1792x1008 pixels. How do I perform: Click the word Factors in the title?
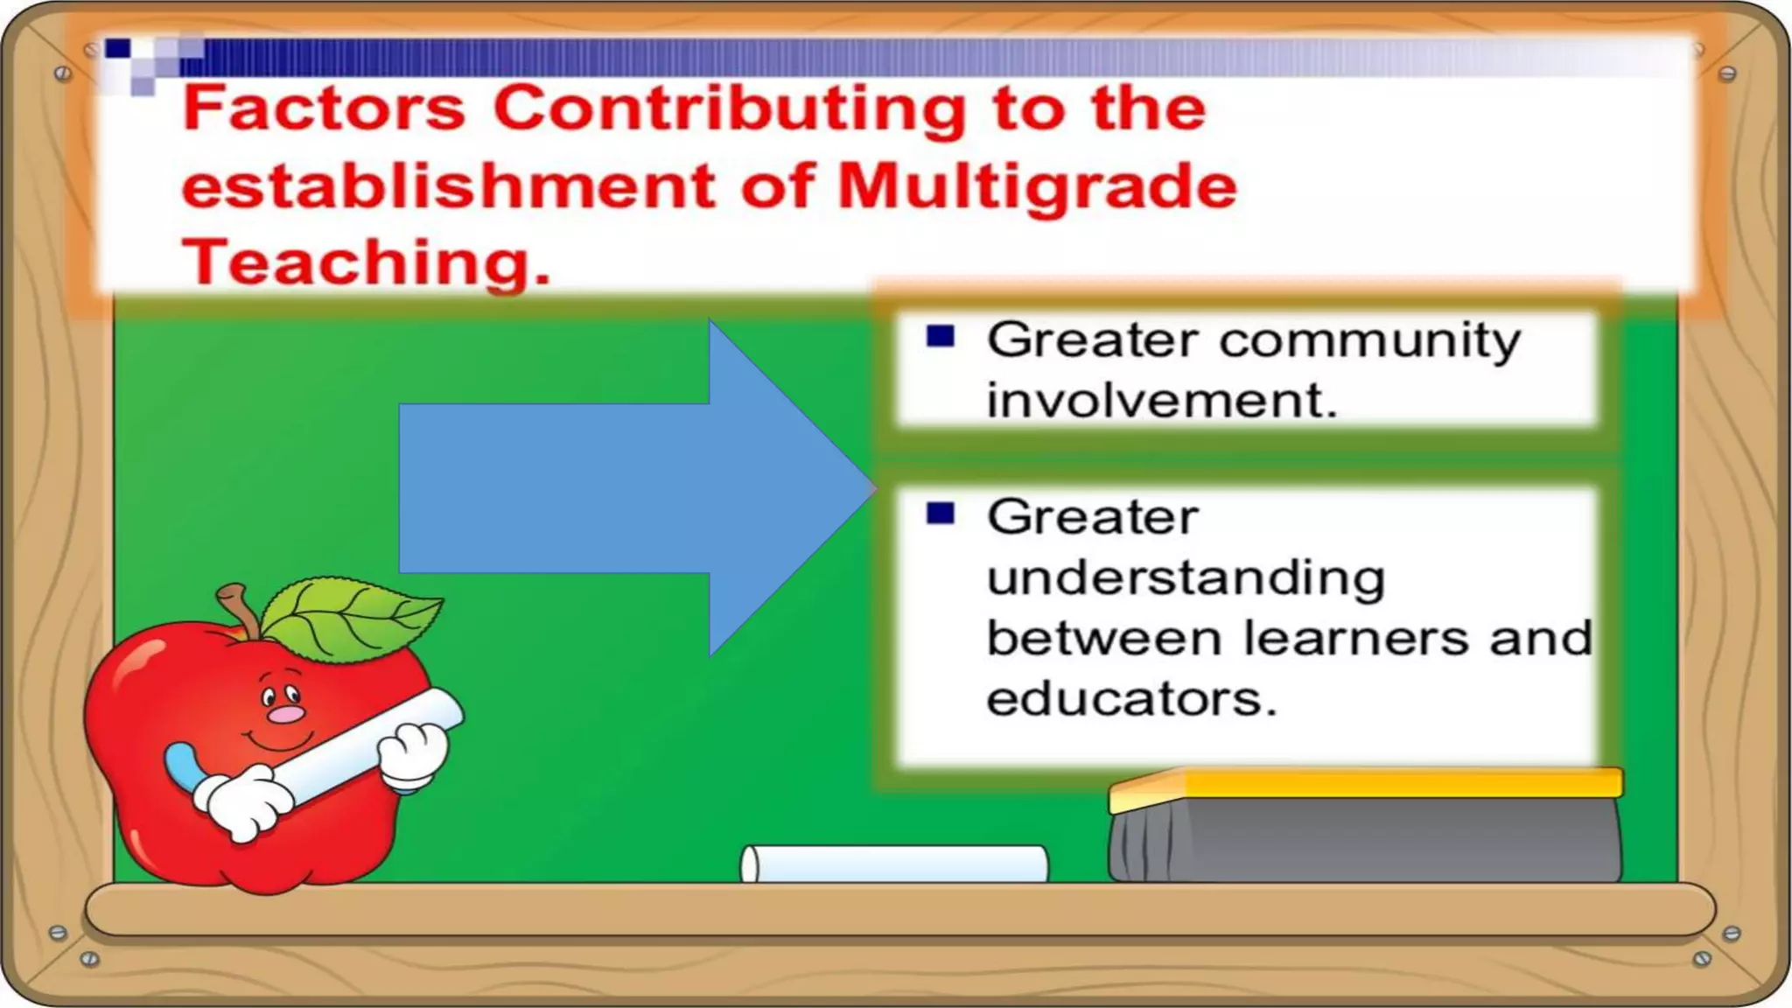coord(324,108)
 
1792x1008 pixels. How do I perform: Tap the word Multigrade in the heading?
coord(1037,187)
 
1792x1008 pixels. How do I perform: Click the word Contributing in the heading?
coord(730,110)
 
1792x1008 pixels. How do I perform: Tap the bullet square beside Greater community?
coord(941,336)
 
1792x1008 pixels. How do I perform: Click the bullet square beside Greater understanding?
coord(941,513)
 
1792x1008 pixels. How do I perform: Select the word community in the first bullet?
coord(1369,341)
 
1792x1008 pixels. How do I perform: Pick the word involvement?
coord(1161,401)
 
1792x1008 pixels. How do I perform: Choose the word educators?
coord(1131,699)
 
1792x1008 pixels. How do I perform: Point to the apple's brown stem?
coord(238,609)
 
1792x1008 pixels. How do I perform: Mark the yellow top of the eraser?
coord(1365,783)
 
